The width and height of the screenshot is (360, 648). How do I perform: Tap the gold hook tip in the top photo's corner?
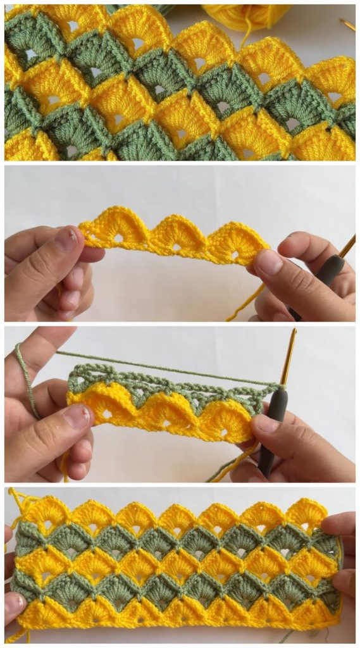pos(347,25)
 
